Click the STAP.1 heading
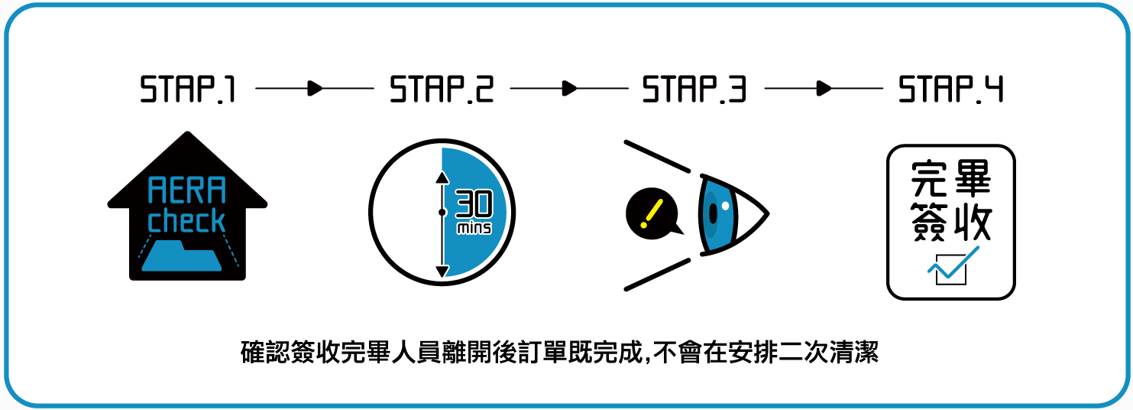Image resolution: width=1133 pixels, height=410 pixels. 188,89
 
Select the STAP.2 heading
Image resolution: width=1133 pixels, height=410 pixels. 442,89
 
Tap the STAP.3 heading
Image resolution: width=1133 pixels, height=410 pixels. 694,89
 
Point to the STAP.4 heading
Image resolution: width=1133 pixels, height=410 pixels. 951,89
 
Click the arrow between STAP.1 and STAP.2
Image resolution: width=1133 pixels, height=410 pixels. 315,89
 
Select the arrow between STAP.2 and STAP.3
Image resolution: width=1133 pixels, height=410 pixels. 569,89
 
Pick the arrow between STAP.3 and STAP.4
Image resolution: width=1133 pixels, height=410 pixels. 824,89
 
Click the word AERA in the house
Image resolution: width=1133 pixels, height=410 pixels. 186,190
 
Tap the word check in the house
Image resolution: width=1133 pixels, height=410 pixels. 186,220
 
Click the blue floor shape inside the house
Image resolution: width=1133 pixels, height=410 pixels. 182,256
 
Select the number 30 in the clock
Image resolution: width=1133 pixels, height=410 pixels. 474,205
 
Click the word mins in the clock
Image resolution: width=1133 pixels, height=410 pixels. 474,229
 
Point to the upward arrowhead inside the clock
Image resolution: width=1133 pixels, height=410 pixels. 442,177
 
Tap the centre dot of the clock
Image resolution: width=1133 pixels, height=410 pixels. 442,212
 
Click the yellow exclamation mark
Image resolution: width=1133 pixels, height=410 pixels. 652,213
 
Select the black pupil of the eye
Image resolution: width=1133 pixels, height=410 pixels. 713,215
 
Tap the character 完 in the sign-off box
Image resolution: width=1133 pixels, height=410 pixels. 929,179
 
